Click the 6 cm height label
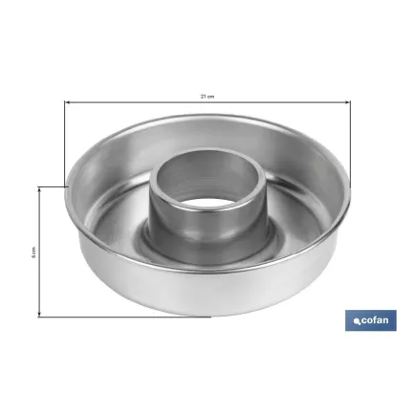click(33, 252)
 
